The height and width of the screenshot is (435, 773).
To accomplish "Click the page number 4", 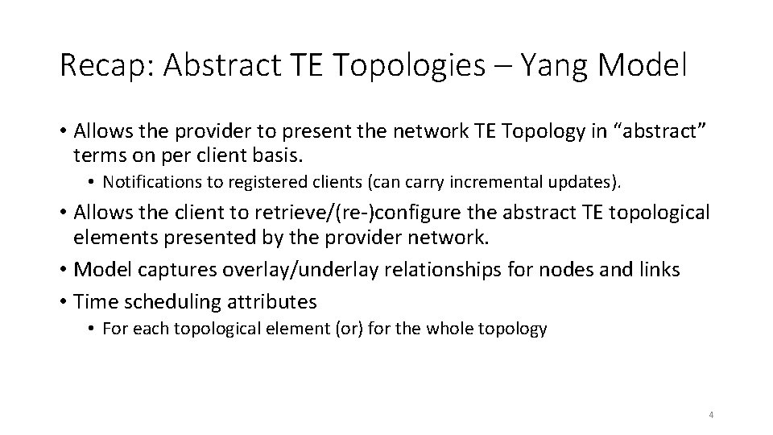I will pyautogui.click(x=711, y=415).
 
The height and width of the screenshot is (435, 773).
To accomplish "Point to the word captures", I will pyautogui.click(x=167, y=270).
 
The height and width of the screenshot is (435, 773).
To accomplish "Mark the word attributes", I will pyautogui.click(x=274, y=302).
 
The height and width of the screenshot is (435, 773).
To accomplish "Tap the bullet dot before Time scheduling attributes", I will pyautogui.click(x=64, y=302).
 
